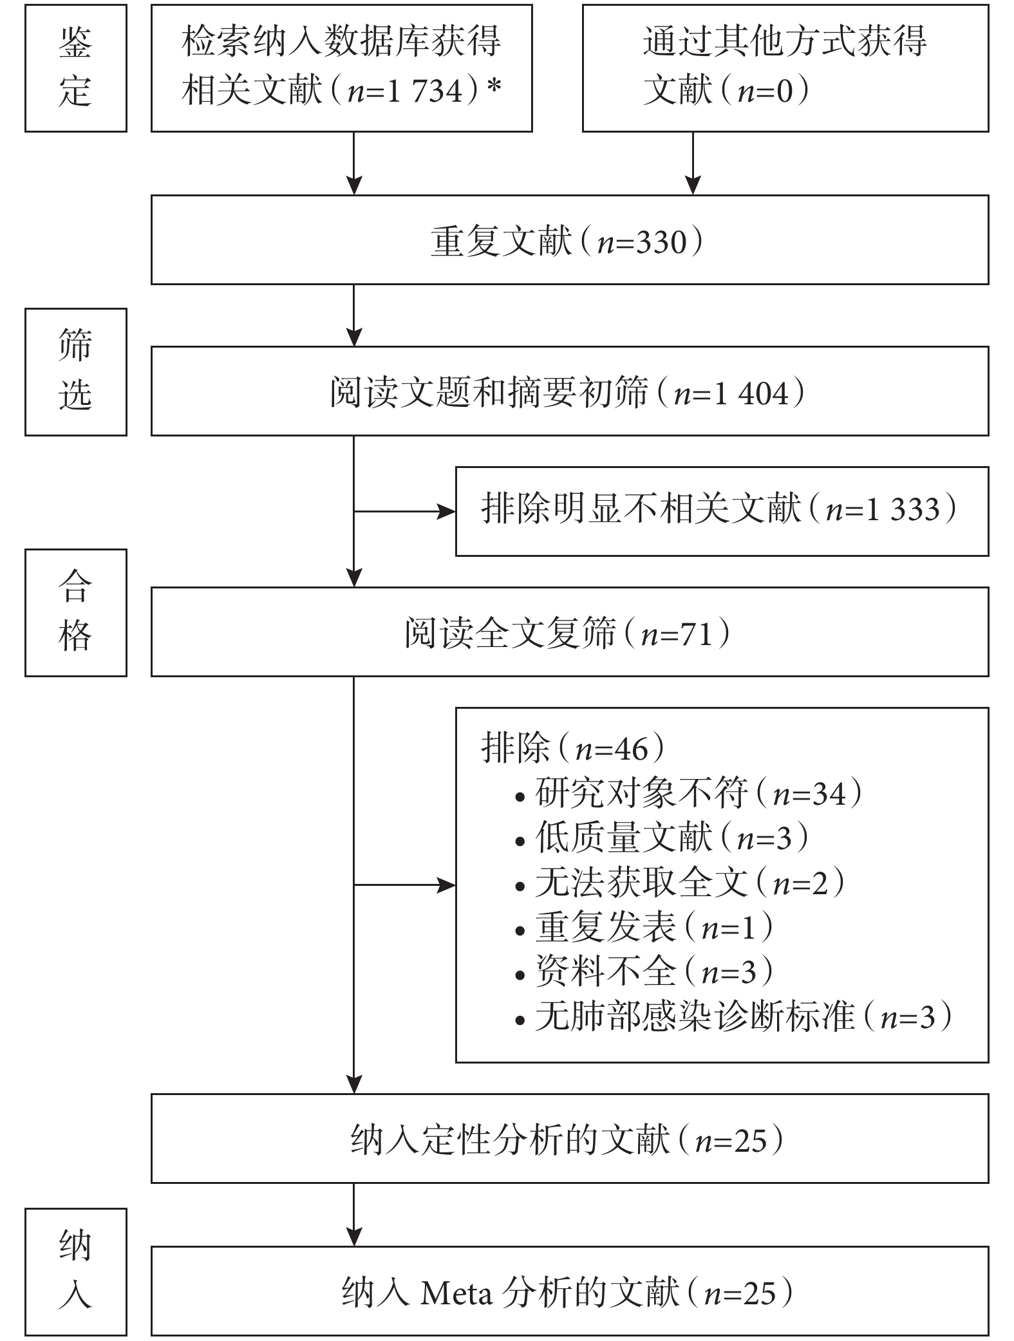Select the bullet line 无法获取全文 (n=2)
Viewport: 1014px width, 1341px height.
coord(680,883)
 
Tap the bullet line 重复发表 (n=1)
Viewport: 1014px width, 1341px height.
coord(644,928)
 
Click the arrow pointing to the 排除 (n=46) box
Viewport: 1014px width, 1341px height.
coord(405,885)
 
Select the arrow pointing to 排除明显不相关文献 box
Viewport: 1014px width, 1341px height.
coord(405,512)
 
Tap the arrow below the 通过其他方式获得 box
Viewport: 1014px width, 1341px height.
coord(693,163)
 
